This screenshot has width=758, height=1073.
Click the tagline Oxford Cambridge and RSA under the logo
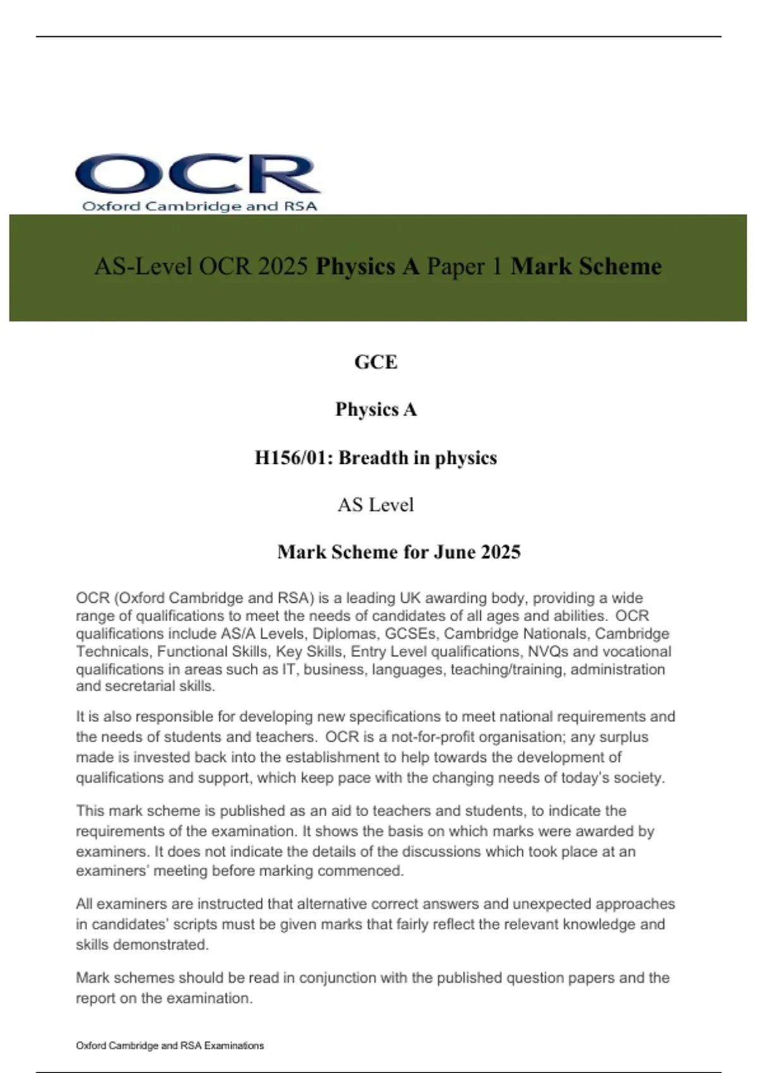point(200,206)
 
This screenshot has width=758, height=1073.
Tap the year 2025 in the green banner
point(282,266)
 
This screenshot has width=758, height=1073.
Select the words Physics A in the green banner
point(368,266)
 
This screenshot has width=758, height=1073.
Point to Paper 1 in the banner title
point(464,266)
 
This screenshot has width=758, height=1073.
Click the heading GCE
point(376,362)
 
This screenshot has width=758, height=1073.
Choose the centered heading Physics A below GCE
point(376,410)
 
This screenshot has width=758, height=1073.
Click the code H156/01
point(293,458)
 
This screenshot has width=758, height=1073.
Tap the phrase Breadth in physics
point(418,458)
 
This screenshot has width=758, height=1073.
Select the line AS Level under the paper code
point(376,505)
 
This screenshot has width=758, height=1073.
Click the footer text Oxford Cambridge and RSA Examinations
point(170,1046)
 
